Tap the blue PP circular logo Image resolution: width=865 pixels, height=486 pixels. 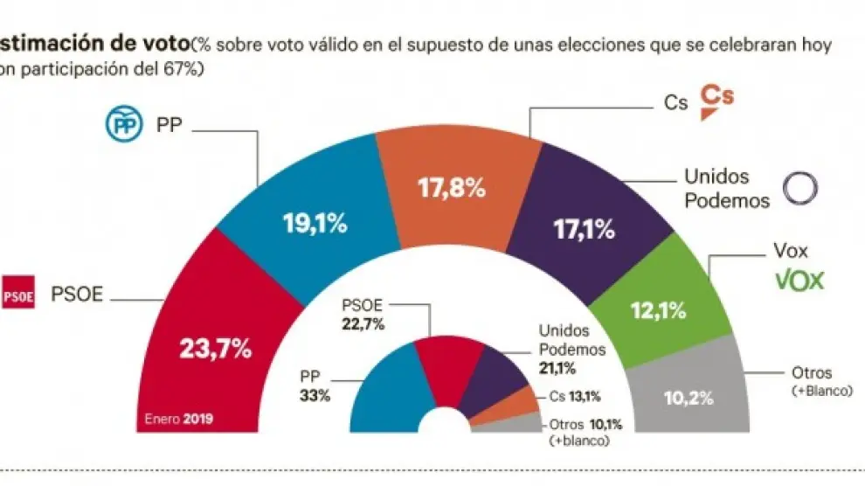122,124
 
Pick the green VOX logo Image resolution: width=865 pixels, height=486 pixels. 799,280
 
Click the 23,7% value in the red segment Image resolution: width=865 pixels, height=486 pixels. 215,349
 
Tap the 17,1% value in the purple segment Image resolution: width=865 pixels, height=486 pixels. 583,230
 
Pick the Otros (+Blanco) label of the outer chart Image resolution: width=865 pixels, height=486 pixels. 813,382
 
